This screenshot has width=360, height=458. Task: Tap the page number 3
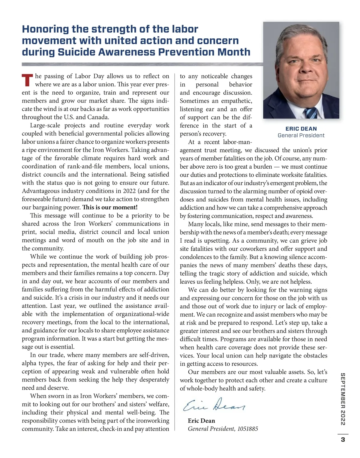click(343, 440)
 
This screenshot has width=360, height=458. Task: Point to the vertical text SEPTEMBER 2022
click(343, 399)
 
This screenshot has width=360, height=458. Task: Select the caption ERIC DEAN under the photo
click(301, 129)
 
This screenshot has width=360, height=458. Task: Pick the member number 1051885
click(247, 429)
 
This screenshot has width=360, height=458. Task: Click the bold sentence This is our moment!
click(110, 207)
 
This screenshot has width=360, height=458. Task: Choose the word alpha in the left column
click(29, 363)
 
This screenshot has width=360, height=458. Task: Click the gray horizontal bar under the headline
click(141, 64)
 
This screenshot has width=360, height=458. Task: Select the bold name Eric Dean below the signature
click(201, 421)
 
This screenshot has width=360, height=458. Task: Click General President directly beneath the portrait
click(301, 135)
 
